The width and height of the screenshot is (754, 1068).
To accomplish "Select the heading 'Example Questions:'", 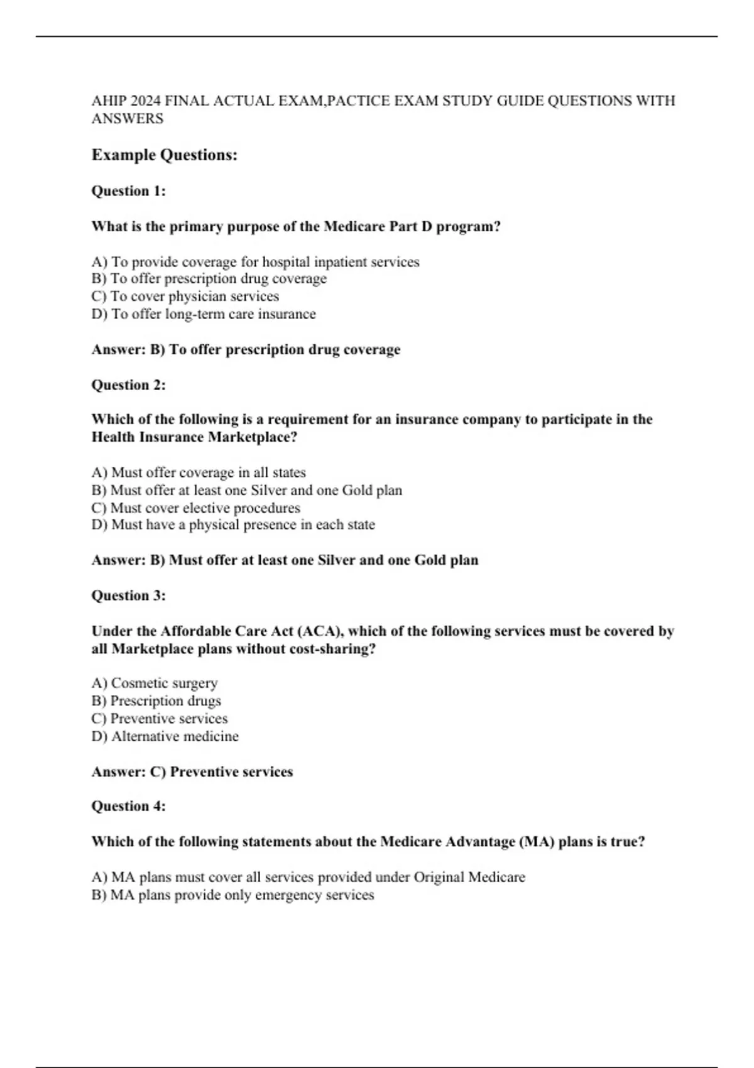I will pyautogui.click(x=165, y=155).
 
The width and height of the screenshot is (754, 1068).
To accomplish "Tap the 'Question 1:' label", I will pyautogui.click(x=129, y=191).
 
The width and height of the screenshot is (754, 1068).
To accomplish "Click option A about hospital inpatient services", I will pyautogui.click(x=255, y=262).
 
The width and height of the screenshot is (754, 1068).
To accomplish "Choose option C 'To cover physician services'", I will pyautogui.click(x=185, y=297).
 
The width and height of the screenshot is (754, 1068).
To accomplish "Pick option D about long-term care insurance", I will pyautogui.click(x=204, y=314).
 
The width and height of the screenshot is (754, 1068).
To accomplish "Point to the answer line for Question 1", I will pyautogui.click(x=246, y=350).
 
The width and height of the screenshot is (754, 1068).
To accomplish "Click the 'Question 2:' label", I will pyautogui.click(x=129, y=385).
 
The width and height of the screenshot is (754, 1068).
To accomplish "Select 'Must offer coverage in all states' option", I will pyautogui.click(x=199, y=472).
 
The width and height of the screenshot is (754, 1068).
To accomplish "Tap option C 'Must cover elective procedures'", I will pyautogui.click(x=196, y=508).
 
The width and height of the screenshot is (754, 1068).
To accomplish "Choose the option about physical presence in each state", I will pyautogui.click(x=233, y=525).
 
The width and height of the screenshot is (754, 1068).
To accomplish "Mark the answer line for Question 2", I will pyautogui.click(x=285, y=560).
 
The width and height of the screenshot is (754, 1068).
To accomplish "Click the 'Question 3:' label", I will pyautogui.click(x=129, y=596).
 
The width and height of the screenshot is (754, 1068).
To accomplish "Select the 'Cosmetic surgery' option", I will pyautogui.click(x=155, y=683).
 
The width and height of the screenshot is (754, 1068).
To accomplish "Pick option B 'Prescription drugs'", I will pyautogui.click(x=156, y=700).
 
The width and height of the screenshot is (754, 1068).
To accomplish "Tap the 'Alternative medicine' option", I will pyautogui.click(x=165, y=736).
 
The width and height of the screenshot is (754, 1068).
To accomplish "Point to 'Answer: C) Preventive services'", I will pyautogui.click(x=192, y=772).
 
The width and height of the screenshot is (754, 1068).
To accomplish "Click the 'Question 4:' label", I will pyautogui.click(x=129, y=806).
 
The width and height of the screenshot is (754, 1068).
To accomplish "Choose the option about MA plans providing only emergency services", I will pyautogui.click(x=232, y=895).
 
